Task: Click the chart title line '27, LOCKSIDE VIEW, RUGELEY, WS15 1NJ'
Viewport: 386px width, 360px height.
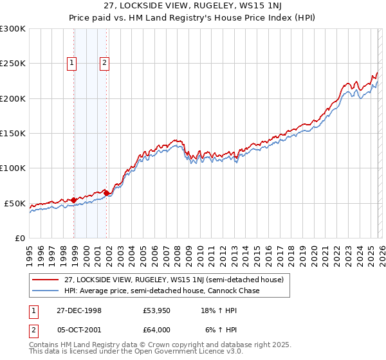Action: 193,6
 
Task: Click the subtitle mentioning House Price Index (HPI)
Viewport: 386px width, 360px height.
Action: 193,17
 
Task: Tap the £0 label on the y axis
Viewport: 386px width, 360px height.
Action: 19,238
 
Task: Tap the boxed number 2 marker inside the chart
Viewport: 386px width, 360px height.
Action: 104,63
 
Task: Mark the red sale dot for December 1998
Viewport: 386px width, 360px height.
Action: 74,200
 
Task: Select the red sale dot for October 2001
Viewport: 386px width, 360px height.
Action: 106,193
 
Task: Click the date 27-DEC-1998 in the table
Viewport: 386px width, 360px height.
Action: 79,310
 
